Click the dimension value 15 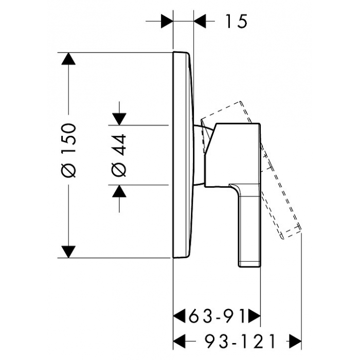point(237,21)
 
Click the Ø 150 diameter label point(68,150)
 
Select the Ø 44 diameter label point(119,155)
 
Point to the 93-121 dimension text point(240,341)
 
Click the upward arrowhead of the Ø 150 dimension point(68,59)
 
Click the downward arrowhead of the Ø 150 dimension point(68,251)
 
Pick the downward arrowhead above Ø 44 point(119,119)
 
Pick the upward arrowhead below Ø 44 point(119,191)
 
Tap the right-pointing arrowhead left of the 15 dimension point(167,21)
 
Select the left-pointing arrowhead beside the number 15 point(200,21)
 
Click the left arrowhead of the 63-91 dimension point(179,316)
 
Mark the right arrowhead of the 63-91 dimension point(255,316)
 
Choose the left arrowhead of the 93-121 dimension point(179,341)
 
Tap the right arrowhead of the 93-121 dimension point(295,341)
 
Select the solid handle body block point(233,155)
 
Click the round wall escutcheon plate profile point(183,155)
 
